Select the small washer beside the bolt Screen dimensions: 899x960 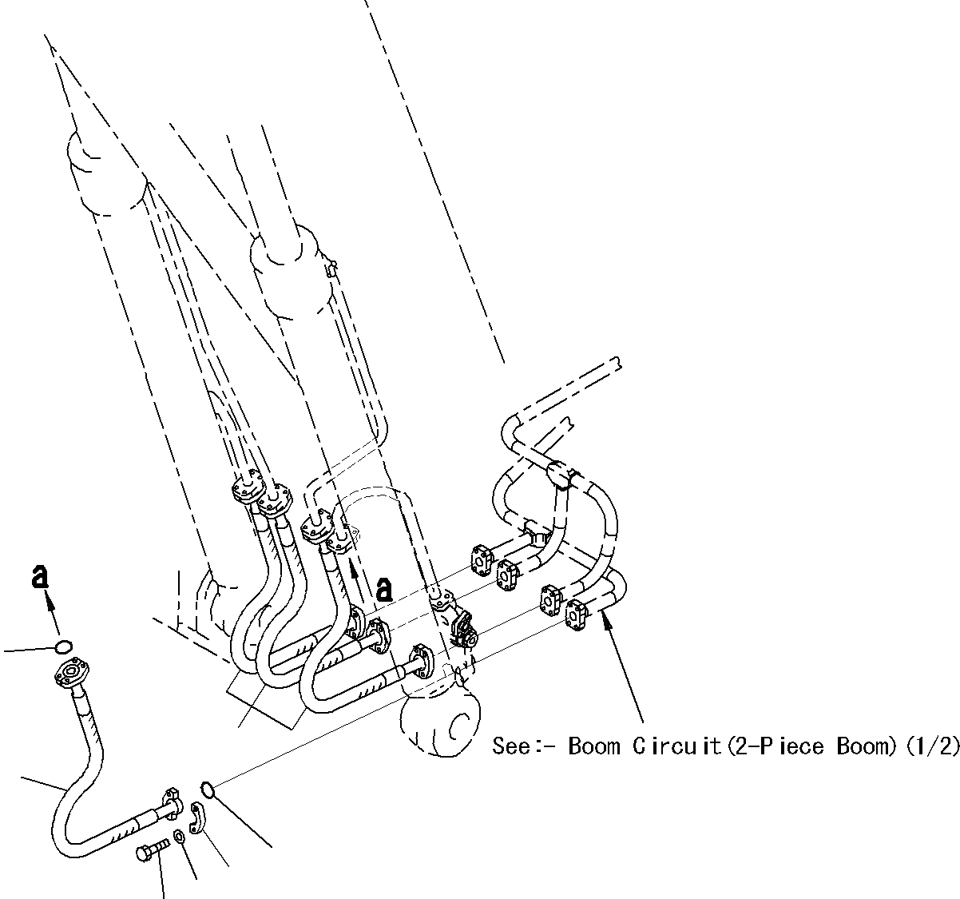point(181,837)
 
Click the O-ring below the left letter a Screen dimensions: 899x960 point(65,646)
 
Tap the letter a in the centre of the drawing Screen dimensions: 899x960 point(384,590)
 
